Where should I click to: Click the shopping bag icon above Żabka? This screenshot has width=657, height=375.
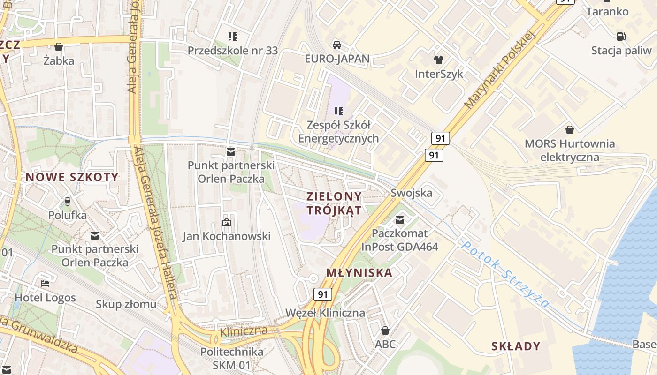[x=59, y=47]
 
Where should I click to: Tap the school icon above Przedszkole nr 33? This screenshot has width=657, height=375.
[x=232, y=36]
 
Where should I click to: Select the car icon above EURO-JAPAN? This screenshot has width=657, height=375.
[x=336, y=45]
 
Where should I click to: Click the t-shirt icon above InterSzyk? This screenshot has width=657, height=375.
[x=438, y=60]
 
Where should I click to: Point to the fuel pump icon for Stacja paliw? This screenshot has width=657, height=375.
[x=621, y=36]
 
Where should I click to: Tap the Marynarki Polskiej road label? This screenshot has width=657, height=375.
[x=500, y=69]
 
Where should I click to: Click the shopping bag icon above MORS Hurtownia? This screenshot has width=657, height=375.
[x=569, y=129]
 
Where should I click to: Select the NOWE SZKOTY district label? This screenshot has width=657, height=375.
[x=72, y=177]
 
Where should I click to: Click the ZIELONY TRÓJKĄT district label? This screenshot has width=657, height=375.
[x=334, y=203]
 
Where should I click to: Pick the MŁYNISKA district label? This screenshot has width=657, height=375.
[x=359, y=273]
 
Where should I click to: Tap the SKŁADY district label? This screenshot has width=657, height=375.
[x=516, y=346]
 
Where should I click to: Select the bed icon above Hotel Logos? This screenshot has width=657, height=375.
[x=45, y=283]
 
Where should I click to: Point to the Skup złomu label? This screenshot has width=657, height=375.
[x=126, y=304]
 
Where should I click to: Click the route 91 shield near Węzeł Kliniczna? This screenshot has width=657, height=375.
[x=322, y=294]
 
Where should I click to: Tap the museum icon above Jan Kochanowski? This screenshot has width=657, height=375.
[x=227, y=222]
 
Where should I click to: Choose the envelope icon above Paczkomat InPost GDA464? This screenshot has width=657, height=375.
[x=399, y=219]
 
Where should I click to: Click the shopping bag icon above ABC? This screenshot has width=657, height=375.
[x=385, y=330]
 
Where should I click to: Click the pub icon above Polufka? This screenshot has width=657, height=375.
[x=67, y=201]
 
